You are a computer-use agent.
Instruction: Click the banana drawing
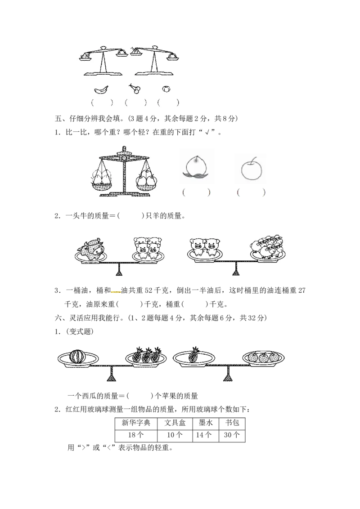(101, 89)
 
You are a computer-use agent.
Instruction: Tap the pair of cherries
(134, 88)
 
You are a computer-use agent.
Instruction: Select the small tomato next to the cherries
(166, 89)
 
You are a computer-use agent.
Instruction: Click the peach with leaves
(196, 167)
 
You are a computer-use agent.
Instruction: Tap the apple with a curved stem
(249, 169)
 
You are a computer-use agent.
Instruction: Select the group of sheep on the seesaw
(267, 246)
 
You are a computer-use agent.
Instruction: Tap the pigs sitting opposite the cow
(148, 248)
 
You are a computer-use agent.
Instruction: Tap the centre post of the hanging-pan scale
(124, 173)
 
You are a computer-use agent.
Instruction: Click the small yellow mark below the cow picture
(116, 291)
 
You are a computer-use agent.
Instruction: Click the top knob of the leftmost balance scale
(104, 47)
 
